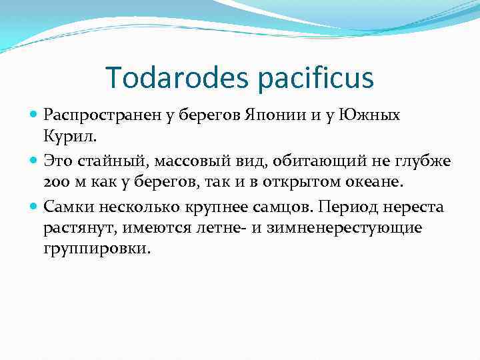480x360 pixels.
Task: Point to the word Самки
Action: [67, 207]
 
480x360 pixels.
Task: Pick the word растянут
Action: [73, 229]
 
